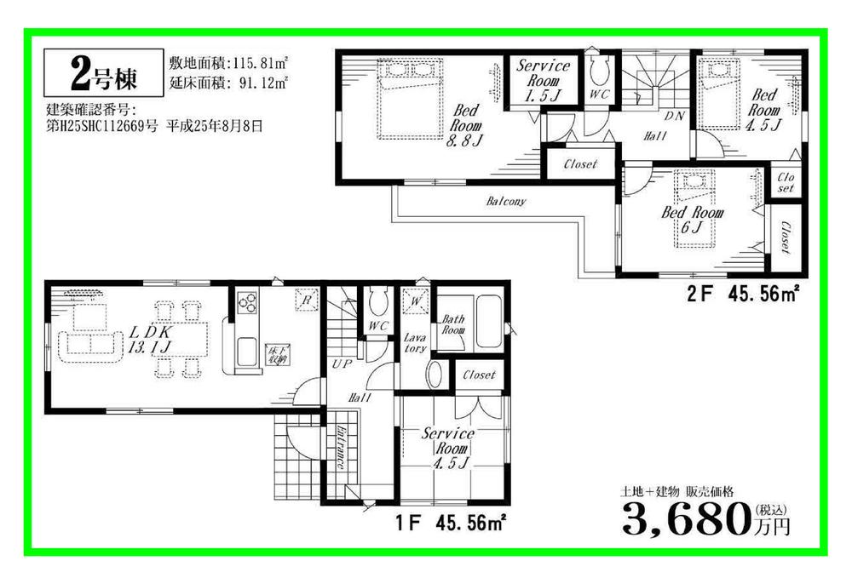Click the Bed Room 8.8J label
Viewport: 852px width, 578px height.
(x=468, y=125)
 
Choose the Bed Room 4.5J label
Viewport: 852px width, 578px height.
(x=764, y=110)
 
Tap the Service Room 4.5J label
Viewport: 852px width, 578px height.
(x=449, y=449)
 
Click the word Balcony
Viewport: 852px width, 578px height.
(x=506, y=202)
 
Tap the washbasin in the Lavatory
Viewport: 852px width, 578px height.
(x=434, y=375)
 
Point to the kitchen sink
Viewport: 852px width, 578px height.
(x=246, y=351)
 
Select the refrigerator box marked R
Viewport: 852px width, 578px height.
(x=305, y=298)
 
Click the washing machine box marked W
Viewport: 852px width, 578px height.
(x=416, y=300)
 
